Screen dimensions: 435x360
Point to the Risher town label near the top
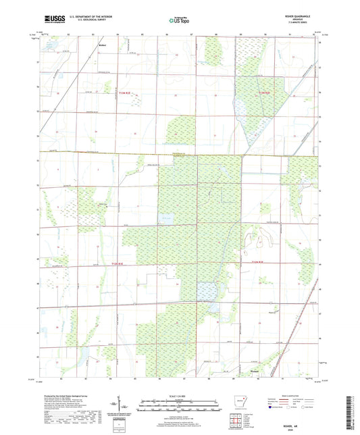click(103, 46)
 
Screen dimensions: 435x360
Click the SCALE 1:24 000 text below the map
click(180, 395)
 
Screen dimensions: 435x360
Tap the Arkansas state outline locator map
click(240, 400)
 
